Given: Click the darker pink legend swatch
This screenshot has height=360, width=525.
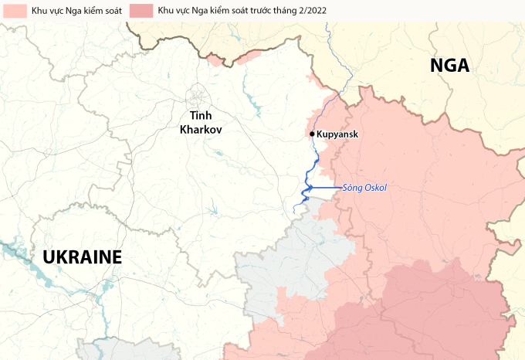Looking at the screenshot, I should [141, 11].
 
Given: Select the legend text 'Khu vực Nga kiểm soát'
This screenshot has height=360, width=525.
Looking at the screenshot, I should [71, 11].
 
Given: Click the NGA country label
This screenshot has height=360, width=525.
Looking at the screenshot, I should [449, 66].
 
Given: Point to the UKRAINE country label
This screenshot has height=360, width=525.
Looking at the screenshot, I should [83, 257].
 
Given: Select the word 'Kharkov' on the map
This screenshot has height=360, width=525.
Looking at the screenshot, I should [201, 130].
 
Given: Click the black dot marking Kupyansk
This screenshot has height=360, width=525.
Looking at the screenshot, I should [312, 134].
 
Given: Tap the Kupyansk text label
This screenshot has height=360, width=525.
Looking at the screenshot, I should [338, 134].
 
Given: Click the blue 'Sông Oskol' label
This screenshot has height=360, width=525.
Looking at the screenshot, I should [364, 188].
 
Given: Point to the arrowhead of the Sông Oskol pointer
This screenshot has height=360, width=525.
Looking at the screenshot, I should [309, 188].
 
